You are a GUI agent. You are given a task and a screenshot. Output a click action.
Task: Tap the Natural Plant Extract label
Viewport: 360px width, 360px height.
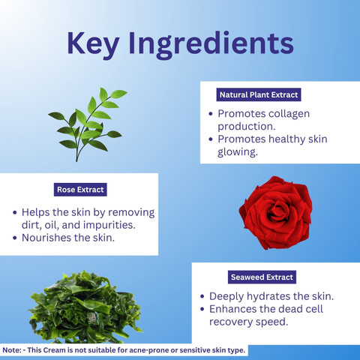(x=259, y=94)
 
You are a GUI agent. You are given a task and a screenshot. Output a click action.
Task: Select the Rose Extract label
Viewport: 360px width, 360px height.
(x=80, y=190)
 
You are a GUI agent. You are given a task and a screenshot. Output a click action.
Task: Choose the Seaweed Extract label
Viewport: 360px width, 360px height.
(x=262, y=277)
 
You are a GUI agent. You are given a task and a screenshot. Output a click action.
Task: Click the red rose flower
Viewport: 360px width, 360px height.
(x=275, y=213)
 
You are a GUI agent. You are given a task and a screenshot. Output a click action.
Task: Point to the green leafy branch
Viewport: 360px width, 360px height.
(x=87, y=124)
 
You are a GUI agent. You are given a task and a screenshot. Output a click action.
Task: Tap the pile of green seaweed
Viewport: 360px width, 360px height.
(x=85, y=307)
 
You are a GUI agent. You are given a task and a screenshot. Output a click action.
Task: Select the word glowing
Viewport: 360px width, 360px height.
(x=238, y=152)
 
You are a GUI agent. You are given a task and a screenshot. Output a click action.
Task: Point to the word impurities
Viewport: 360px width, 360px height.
(x=109, y=225)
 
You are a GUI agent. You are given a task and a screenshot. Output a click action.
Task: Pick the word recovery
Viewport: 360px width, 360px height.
(x=231, y=322)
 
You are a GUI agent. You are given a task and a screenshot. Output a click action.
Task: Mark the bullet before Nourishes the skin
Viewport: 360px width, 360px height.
(x=15, y=238)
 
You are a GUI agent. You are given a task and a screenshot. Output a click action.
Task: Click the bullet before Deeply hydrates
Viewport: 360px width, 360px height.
(x=202, y=296)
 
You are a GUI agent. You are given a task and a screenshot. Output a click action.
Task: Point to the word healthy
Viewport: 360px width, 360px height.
(x=287, y=139)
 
